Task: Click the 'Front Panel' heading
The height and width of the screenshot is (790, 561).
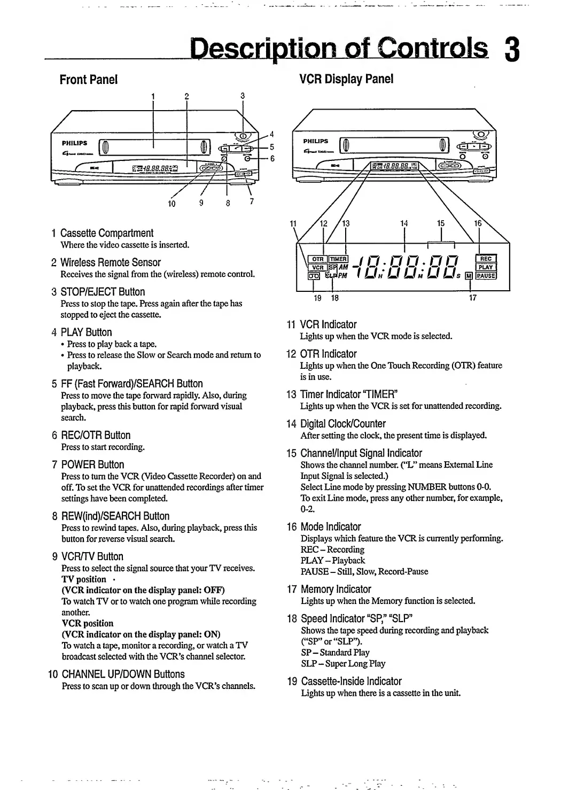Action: point(88,80)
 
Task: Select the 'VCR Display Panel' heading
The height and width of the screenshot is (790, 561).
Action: point(346,79)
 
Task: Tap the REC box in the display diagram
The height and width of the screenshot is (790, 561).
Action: point(486,259)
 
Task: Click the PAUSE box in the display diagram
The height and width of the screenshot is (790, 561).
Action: point(486,276)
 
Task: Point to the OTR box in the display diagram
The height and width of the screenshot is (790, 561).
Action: point(318,259)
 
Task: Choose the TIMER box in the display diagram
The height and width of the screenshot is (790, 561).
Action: point(338,259)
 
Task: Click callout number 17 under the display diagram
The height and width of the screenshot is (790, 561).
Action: point(472,298)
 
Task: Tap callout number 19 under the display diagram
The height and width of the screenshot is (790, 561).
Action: point(317,298)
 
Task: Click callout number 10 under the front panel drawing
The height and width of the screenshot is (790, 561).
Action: point(172,203)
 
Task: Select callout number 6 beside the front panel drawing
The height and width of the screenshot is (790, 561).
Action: point(272,158)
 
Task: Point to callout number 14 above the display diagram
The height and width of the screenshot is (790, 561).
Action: point(404,223)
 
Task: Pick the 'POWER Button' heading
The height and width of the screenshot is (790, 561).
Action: point(92,464)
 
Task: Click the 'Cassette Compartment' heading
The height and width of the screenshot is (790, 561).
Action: point(106,233)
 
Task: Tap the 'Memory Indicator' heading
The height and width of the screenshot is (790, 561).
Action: point(336,589)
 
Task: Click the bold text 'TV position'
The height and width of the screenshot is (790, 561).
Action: point(84,579)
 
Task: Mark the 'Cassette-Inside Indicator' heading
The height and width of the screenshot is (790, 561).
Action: point(351,681)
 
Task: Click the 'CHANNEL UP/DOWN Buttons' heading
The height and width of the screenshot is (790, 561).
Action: point(123,674)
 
